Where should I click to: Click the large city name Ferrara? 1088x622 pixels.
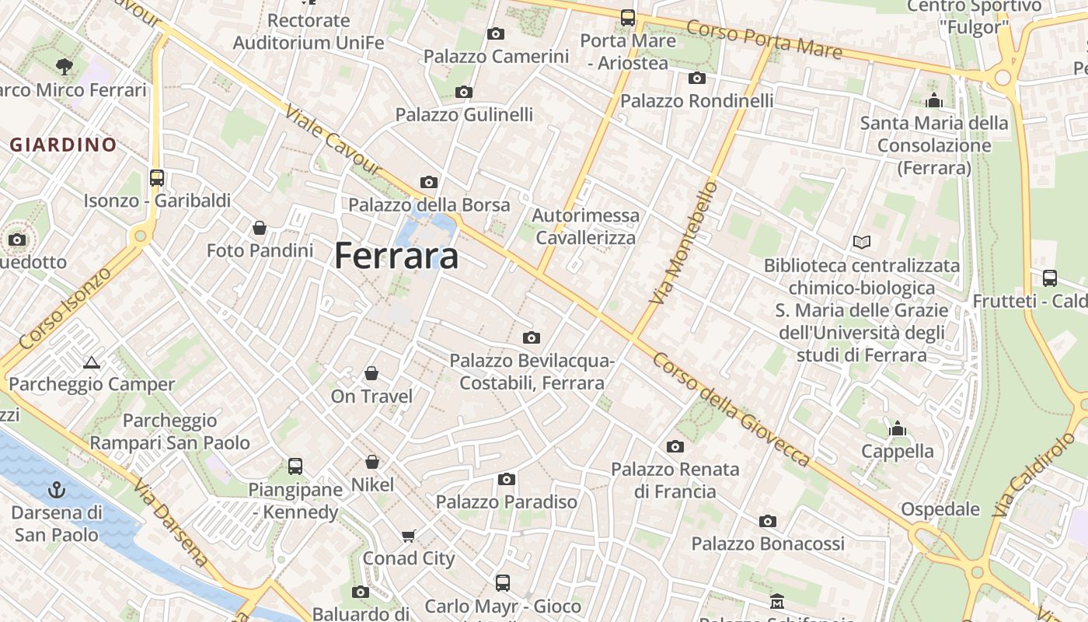(396, 257)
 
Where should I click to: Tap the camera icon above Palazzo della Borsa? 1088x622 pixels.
(428, 182)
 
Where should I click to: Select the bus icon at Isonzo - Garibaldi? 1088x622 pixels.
(157, 177)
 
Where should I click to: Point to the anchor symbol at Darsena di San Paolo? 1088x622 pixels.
(56, 490)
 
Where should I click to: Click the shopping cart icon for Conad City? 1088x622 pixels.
(409, 536)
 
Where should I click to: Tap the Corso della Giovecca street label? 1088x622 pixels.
(731, 410)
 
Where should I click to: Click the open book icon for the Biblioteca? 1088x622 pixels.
(861, 242)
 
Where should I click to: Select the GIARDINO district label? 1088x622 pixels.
(63, 145)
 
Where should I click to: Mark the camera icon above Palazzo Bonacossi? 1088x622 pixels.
(768, 521)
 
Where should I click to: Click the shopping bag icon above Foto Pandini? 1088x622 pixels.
(260, 228)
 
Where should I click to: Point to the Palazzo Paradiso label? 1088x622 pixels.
(507, 502)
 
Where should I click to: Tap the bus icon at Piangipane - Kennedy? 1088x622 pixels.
(295, 466)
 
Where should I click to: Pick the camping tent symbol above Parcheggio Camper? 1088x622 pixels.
(92, 362)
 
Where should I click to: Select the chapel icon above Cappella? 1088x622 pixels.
(898, 428)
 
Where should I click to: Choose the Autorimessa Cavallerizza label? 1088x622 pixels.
(586, 226)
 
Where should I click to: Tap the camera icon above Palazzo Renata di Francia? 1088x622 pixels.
(675, 446)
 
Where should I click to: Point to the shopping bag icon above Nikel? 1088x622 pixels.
(372, 462)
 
